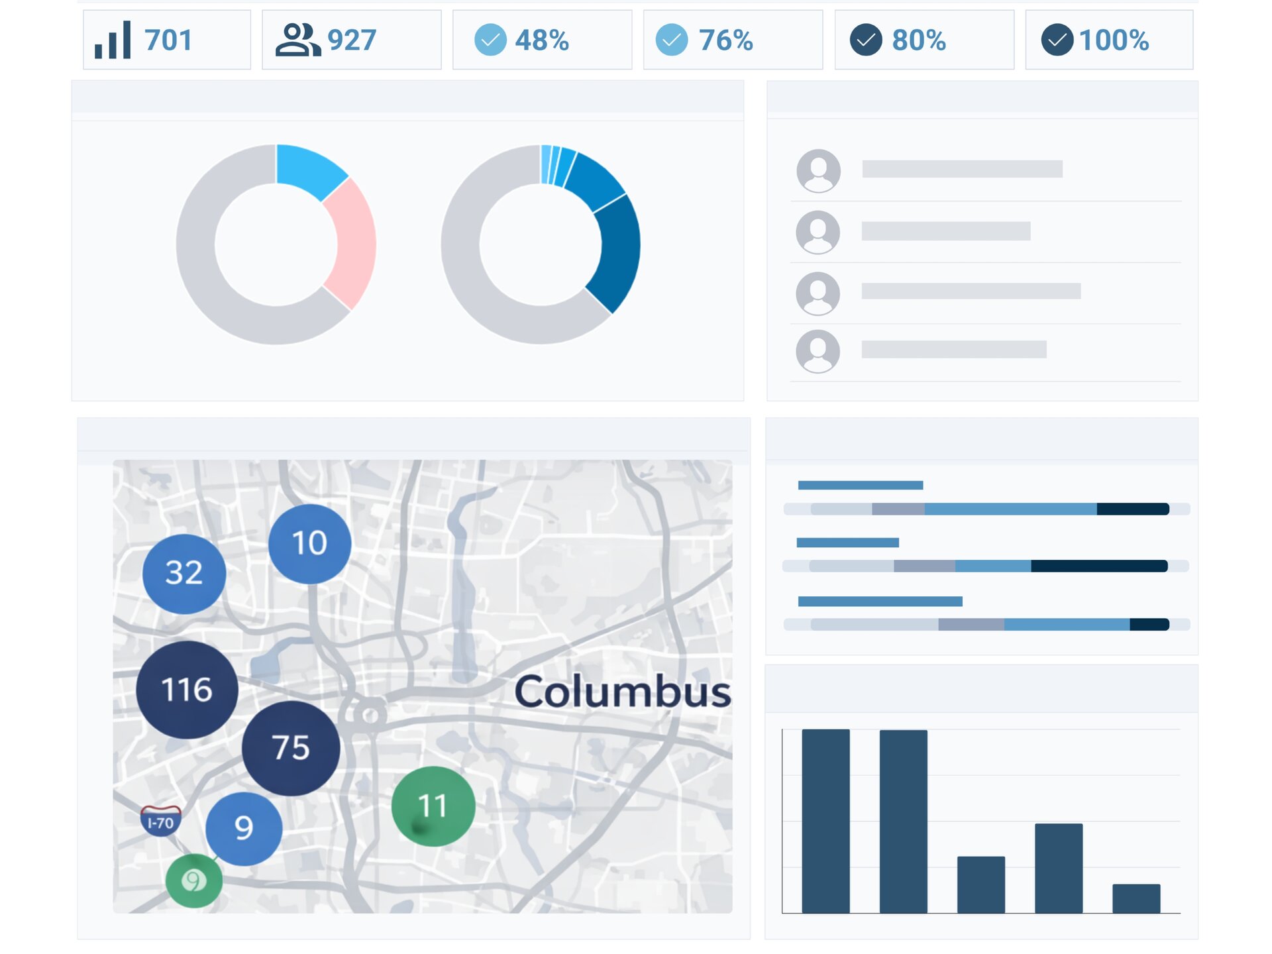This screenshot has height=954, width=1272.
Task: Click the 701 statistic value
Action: tap(168, 40)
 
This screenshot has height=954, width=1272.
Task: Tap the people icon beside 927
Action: tap(297, 40)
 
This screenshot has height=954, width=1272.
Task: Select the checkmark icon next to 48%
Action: tap(490, 40)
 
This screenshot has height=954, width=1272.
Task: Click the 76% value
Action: tap(725, 40)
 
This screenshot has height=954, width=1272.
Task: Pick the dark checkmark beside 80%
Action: tap(866, 40)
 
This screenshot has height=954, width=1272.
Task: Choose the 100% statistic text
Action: tap(1114, 40)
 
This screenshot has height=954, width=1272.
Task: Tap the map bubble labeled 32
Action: tap(184, 573)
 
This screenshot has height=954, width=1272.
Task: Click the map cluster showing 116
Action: tap(187, 689)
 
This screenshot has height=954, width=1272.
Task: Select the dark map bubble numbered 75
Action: tap(291, 747)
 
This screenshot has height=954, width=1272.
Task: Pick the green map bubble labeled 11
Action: tap(433, 806)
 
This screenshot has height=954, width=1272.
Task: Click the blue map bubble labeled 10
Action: tap(309, 543)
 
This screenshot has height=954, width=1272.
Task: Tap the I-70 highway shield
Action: tap(160, 821)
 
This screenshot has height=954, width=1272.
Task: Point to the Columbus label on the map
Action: tap(623, 692)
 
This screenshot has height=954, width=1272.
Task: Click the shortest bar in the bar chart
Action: tap(1136, 898)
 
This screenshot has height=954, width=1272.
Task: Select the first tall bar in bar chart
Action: tap(825, 821)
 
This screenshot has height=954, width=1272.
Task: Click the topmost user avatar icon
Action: tap(819, 170)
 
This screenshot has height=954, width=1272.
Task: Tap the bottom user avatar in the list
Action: tap(818, 351)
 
